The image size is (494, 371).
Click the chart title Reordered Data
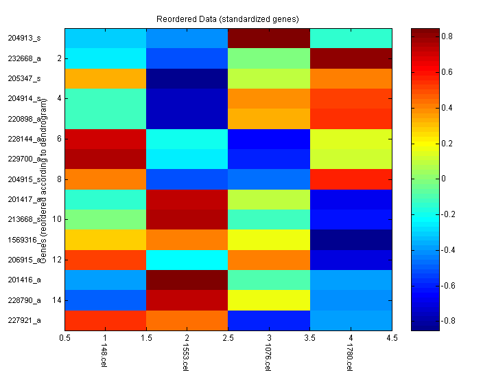[x=228, y=18]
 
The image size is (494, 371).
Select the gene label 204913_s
[x=24, y=38]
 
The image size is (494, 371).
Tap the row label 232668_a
[x=24, y=58]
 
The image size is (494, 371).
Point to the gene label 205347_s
[x=24, y=78]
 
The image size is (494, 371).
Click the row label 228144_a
[x=24, y=139]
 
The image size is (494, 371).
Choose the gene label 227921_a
[x=24, y=320]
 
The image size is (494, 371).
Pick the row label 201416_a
[x=24, y=280]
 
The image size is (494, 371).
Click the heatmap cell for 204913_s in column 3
[x=269, y=38]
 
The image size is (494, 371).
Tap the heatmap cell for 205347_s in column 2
[x=187, y=78]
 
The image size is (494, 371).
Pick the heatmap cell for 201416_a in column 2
[x=187, y=280]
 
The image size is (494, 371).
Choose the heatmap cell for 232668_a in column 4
[x=351, y=58]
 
